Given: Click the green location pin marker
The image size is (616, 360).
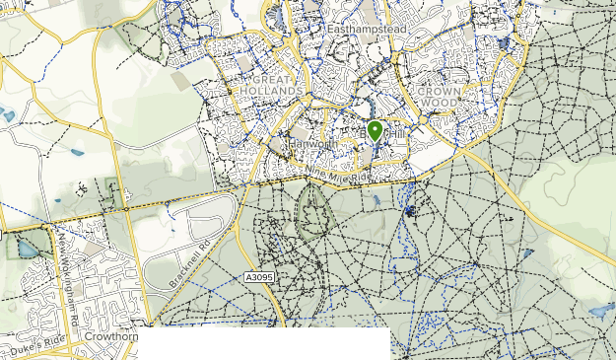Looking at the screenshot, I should click(375, 131).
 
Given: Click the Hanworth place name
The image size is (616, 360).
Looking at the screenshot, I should click(315, 144).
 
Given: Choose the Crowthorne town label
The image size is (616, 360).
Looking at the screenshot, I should click(109, 336).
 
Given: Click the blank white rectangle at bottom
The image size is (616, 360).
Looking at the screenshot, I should click(264, 344).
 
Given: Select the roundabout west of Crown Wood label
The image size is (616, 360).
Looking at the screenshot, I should click(422, 118).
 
